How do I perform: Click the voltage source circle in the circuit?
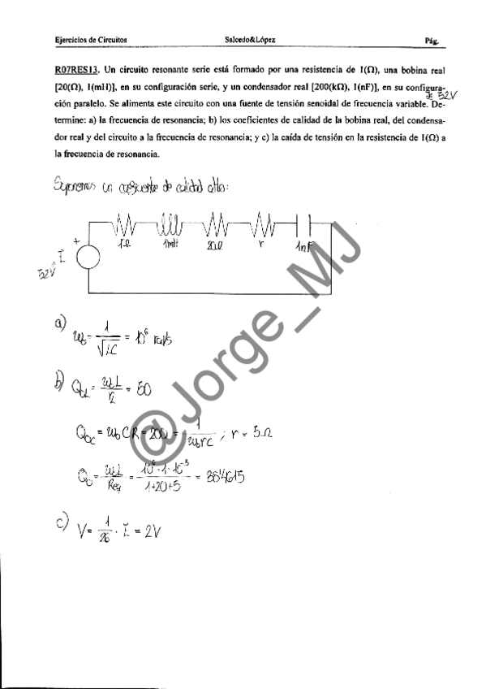click(x=88, y=255)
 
